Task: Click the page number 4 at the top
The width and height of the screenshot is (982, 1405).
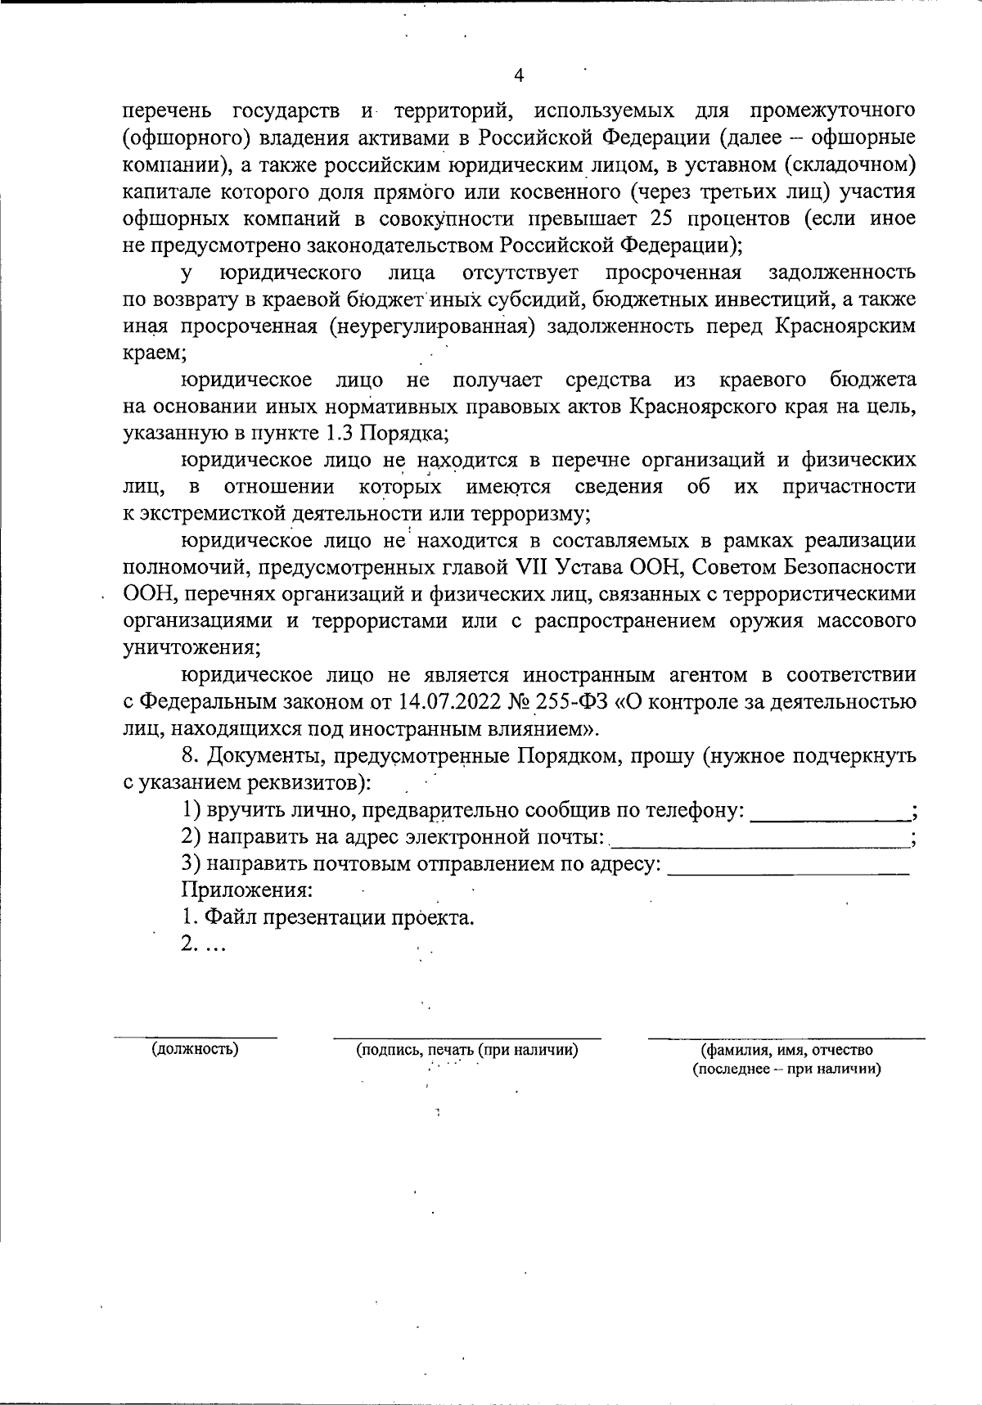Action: [x=518, y=76]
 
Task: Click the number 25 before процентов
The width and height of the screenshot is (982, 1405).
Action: [x=663, y=218]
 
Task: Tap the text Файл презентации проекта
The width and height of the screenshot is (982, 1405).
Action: [x=327, y=916]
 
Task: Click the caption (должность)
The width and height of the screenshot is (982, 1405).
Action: [x=195, y=1049]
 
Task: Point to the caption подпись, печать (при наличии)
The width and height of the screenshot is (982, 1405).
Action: [x=467, y=1050]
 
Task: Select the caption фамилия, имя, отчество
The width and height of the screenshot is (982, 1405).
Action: [x=786, y=1050]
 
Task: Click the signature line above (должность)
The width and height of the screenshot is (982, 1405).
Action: [x=195, y=1037]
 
